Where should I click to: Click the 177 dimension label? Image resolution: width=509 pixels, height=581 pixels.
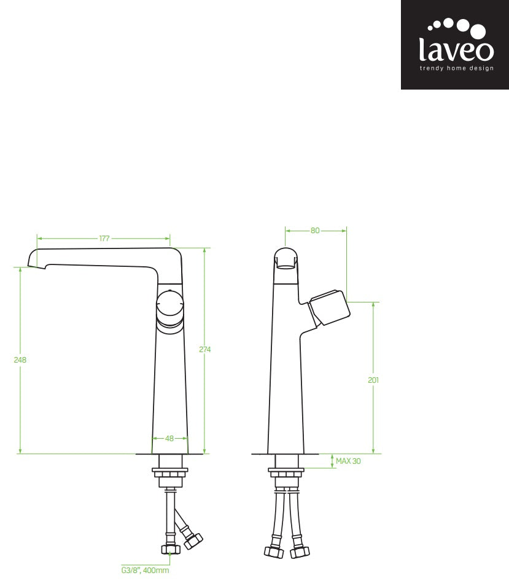tap(104, 239)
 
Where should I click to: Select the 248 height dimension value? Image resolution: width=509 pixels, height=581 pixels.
tap(20, 360)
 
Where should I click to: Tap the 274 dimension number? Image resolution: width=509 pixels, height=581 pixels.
tap(204, 349)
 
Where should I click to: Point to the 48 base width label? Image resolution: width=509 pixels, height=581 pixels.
tap(169, 439)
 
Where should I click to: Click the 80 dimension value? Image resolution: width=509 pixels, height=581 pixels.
tap(315, 231)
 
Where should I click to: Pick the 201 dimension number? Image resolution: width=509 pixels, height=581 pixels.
tap(373, 380)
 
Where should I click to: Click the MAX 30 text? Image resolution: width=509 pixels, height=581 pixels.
tap(348, 461)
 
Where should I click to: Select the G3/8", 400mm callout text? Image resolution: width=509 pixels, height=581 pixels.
tap(145, 570)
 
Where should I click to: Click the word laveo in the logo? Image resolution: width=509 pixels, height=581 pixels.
tap(456, 48)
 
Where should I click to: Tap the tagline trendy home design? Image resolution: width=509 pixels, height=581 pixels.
tap(456, 69)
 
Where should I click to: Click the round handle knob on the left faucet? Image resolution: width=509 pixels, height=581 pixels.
tap(169, 304)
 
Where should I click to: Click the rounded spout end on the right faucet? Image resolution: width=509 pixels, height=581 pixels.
tap(286, 258)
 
